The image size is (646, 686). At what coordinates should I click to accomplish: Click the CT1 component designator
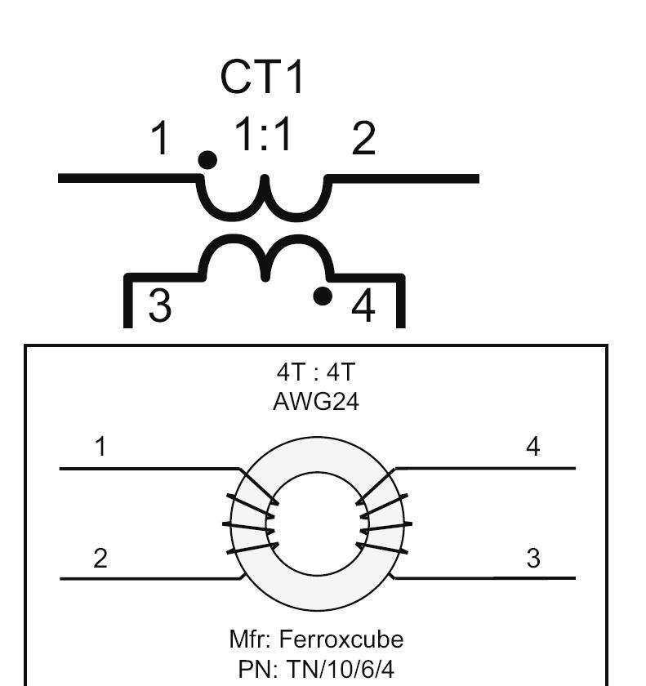click(262, 78)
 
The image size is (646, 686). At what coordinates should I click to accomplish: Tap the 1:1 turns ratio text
click(263, 135)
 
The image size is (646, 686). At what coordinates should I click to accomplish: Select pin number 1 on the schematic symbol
click(163, 139)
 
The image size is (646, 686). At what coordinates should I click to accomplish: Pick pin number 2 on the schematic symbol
click(363, 139)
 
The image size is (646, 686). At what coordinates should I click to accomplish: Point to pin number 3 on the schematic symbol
click(160, 307)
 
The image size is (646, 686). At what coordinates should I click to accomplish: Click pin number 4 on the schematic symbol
click(363, 307)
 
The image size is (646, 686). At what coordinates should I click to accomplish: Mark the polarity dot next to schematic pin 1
click(208, 160)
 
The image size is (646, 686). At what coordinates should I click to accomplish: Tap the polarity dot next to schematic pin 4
click(323, 296)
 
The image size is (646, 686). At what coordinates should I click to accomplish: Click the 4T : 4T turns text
click(316, 372)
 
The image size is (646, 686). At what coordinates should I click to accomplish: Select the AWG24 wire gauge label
click(316, 402)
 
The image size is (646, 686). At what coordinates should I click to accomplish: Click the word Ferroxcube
click(341, 639)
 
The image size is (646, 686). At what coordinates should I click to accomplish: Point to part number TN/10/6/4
click(340, 670)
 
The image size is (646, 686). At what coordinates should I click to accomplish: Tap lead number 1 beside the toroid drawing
click(100, 447)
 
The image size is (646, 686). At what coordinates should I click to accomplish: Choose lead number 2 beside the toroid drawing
click(100, 559)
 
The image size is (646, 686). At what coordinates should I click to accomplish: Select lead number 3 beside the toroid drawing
click(533, 559)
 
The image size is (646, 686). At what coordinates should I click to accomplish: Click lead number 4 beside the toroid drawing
click(533, 447)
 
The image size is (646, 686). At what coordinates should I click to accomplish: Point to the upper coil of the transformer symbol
click(263, 200)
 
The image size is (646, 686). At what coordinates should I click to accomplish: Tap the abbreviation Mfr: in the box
click(251, 639)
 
